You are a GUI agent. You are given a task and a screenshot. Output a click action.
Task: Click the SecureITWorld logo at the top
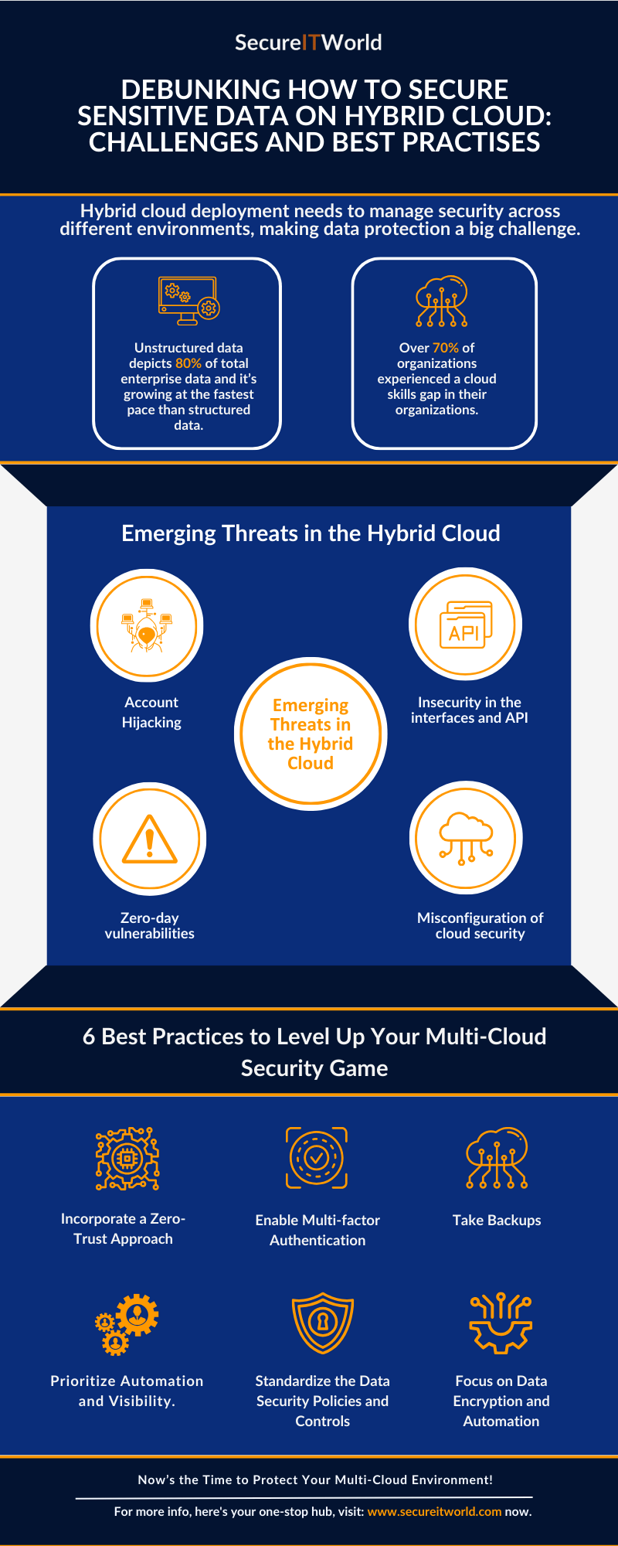pyautogui.click(x=308, y=43)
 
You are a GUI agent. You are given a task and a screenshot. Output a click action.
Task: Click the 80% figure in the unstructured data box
pyautogui.click(x=188, y=363)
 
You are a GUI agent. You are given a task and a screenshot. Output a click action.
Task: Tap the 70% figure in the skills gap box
pyautogui.click(x=445, y=348)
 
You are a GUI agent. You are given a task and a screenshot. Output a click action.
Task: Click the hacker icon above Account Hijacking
pyautogui.click(x=147, y=625)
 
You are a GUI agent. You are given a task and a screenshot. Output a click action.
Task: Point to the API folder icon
pyautogui.click(x=465, y=625)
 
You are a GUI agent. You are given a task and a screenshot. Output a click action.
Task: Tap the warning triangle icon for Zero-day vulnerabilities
pyautogui.click(x=150, y=839)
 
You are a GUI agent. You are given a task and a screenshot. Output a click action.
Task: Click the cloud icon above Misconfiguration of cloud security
pyautogui.click(x=466, y=838)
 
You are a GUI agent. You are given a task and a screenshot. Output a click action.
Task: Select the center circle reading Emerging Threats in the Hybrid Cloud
pyautogui.click(x=311, y=734)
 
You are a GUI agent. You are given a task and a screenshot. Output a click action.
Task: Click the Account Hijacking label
pyautogui.click(x=151, y=712)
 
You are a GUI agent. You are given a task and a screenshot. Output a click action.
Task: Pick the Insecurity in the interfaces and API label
pyautogui.click(x=469, y=710)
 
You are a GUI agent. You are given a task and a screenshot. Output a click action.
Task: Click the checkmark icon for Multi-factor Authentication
pyautogui.click(x=317, y=1157)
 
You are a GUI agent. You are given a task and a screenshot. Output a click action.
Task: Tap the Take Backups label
pyautogui.click(x=497, y=1220)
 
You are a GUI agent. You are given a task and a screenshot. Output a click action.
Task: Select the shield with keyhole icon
pyautogui.click(x=322, y=1323)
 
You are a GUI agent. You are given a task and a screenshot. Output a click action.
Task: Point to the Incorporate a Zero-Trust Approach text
pyautogui.click(x=123, y=1228)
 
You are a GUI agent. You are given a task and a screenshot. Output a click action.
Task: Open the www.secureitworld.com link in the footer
pyautogui.click(x=434, y=1511)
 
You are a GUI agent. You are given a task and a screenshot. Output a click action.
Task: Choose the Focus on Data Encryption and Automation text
pyautogui.click(x=501, y=1401)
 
